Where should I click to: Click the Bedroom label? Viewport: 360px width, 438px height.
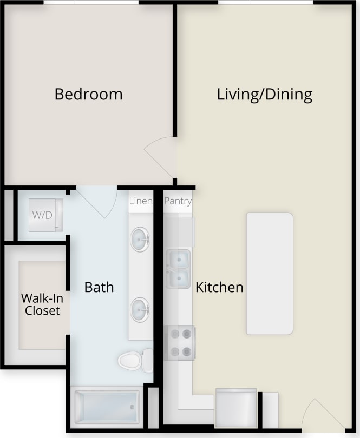click(x=88, y=94)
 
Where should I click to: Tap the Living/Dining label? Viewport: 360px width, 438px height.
click(x=264, y=95)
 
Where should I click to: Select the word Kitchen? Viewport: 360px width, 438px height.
click(x=219, y=287)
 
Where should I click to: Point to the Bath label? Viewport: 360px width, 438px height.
click(x=99, y=287)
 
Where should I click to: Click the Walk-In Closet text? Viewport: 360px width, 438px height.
click(x=41, y=304)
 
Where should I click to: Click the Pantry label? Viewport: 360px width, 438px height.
click(x=178, y=201)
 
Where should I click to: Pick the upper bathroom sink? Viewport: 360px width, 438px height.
click(x=141, y=239)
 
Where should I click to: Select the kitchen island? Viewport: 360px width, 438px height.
click(x=270, y=273)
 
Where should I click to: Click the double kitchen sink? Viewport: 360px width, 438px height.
click(x=178, y=269)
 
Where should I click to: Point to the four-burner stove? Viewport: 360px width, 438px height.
click(x=180, y=342)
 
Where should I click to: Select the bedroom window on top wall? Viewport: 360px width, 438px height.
click(x=91, y=3)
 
